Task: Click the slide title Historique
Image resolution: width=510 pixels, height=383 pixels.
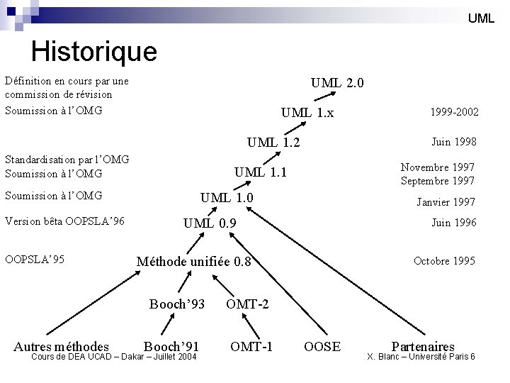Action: (94, 51)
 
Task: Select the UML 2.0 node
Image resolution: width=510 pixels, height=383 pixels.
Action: (337, 83)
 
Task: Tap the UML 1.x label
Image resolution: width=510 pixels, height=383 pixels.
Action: (307, 113)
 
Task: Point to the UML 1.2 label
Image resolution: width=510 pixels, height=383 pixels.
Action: (273, 143)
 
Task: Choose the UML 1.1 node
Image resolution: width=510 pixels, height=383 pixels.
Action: (261, 171)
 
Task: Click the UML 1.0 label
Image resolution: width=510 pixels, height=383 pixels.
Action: (227, 196)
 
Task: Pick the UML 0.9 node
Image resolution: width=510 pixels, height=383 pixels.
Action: (210, 224)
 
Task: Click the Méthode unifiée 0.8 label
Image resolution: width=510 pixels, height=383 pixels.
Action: (193, 262)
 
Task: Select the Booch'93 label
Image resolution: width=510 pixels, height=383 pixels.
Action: (176, 304)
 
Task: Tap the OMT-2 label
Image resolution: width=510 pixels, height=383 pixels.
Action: (246, 304)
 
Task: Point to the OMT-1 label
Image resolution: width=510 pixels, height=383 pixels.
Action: (251, 346)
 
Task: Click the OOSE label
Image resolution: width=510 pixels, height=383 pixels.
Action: (322, 346)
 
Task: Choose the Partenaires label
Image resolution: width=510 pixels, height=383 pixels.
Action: (423, 346)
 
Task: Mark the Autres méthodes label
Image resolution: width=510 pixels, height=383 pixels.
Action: (62, 346)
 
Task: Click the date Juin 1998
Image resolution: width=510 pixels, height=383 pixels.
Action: (453, 142)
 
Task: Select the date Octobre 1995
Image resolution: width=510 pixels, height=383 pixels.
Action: (444, 261)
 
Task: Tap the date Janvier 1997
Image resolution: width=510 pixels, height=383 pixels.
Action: (445, 202)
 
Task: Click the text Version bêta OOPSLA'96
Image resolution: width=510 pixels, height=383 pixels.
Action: (64, 221)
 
